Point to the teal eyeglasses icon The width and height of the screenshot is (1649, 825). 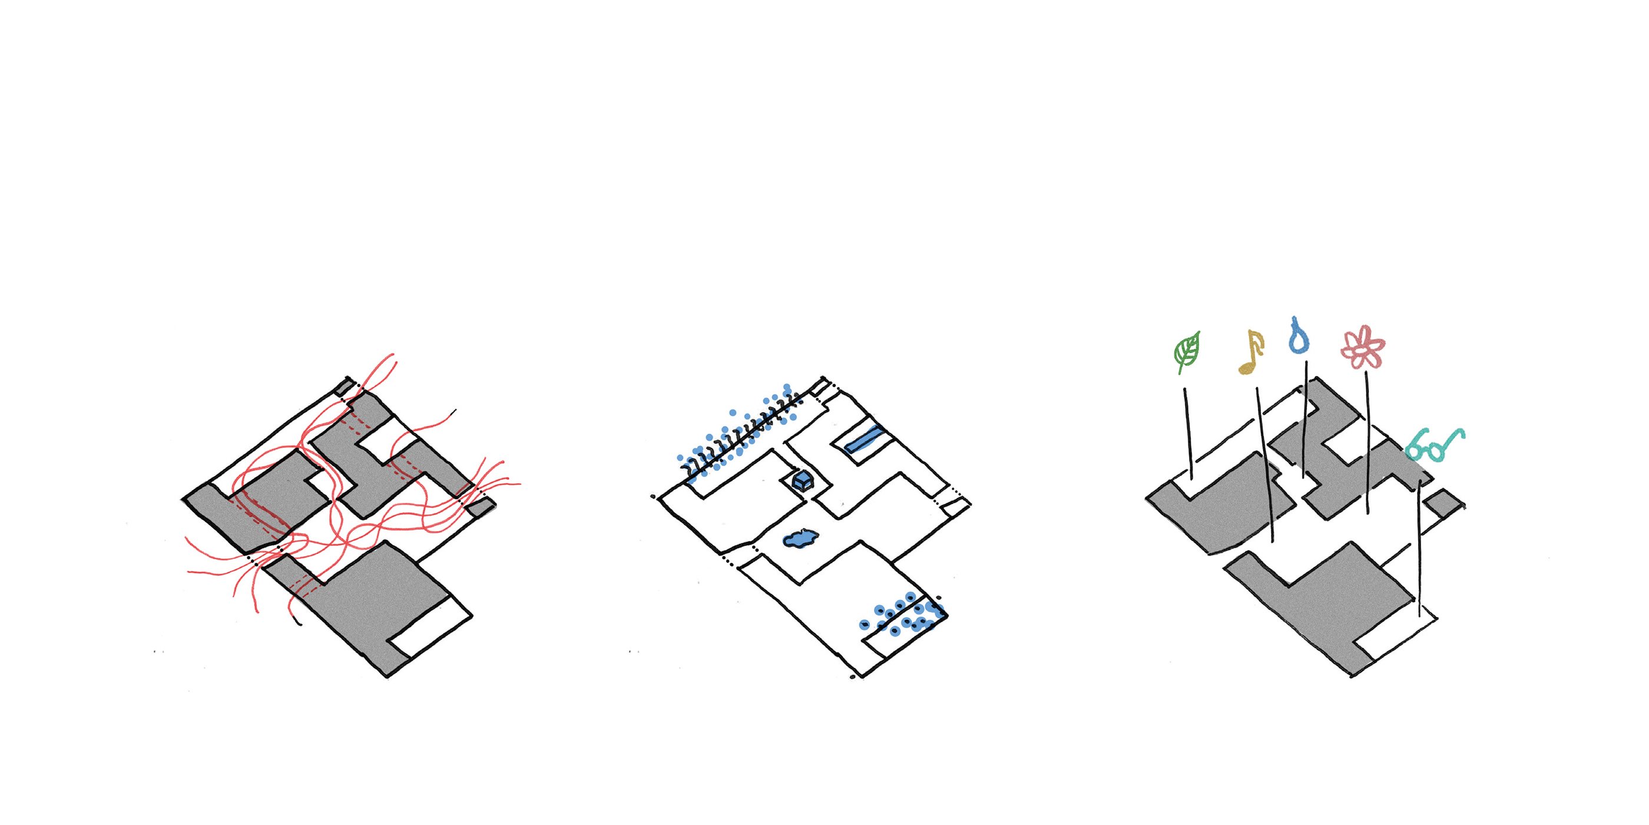(1435, 445)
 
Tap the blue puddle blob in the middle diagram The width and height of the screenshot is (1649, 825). (800, 539)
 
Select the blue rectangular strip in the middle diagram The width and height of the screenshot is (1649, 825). (863, 439)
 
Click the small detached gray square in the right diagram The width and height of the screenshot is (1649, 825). (1445, 502)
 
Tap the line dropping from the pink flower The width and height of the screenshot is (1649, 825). (1368, 442)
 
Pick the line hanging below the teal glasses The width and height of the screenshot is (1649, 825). (1419, 551)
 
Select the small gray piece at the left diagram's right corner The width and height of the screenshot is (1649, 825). (479, 507)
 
